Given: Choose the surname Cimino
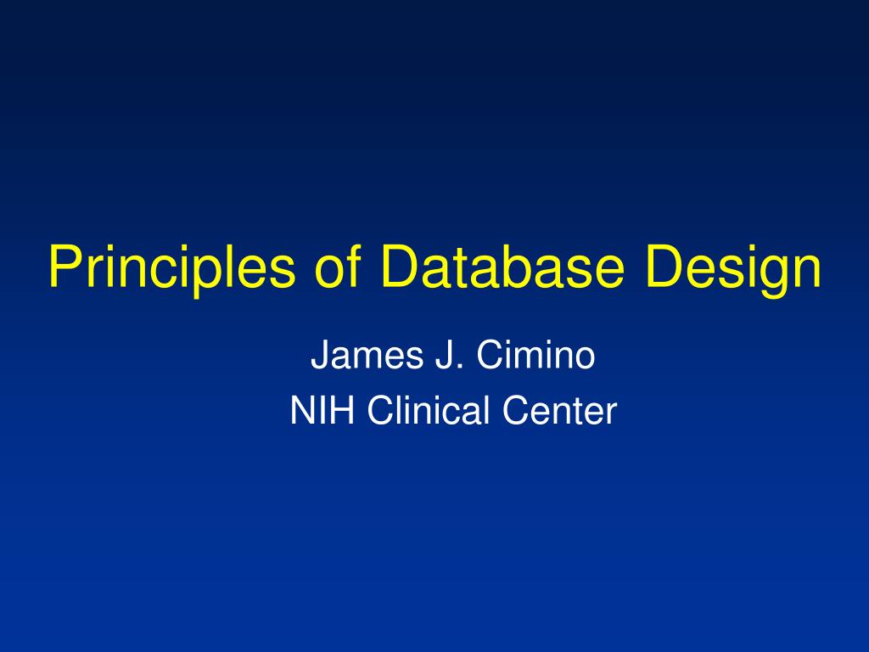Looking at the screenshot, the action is point(535,355).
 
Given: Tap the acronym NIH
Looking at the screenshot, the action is point(322,410).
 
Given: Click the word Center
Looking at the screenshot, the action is point(560,410).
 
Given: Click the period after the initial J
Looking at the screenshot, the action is point(458,367).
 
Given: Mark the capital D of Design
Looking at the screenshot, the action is point(665,266).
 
